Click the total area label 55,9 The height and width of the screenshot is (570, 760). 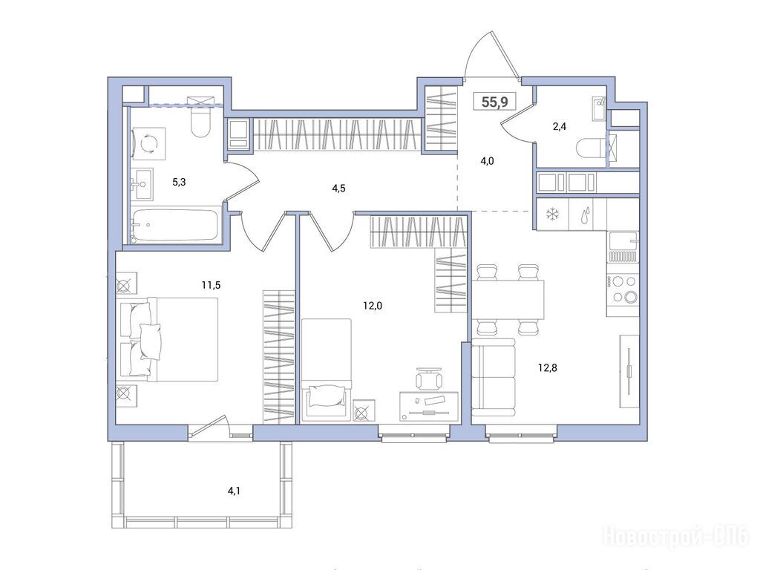[x=494, y=102]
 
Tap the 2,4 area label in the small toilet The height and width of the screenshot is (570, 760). [x=560, y=127]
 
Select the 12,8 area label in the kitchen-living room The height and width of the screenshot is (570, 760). [x=547, y=368]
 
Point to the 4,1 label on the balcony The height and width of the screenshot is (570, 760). [x=234, y=491]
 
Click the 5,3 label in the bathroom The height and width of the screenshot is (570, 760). [x=179, y=183]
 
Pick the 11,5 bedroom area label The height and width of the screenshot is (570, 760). [x=211, y=285]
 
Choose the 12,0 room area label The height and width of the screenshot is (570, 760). [x=373, y=305]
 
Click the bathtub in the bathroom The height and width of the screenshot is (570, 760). [x=174, y=225]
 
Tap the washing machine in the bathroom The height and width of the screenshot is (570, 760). [x=148, y=143]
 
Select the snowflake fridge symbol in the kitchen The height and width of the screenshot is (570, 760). [x=552, y=214]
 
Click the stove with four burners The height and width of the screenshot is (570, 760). [x=623, y=289]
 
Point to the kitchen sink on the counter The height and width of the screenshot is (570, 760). [x=623, y=240]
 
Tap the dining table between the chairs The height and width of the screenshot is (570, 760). [x=508, y=300]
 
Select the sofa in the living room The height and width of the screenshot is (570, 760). [x=494, y=378]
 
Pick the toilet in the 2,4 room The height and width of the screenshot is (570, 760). [x=590, y=148]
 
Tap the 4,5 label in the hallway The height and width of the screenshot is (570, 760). [x=338, y=189]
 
